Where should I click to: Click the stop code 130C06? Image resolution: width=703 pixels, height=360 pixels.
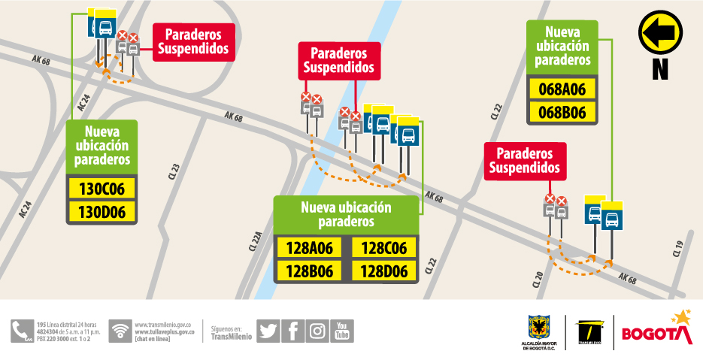[102, 188]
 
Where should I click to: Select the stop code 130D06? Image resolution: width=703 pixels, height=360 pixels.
[102, 212]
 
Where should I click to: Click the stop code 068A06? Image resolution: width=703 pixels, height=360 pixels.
[562, 89]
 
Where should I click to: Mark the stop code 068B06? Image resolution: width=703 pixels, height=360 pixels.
[562, 113]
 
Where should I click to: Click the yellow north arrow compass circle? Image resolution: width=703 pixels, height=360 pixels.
[659, 32]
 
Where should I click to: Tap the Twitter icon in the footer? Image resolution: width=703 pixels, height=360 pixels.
[268, 331]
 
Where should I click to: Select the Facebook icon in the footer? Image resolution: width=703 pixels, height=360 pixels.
[293, 331]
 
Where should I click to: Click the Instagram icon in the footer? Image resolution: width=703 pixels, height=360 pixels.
[317, 331]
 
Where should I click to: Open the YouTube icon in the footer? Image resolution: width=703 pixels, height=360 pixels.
[342, 331]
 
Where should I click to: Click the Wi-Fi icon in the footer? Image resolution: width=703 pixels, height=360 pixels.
[120, 331]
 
